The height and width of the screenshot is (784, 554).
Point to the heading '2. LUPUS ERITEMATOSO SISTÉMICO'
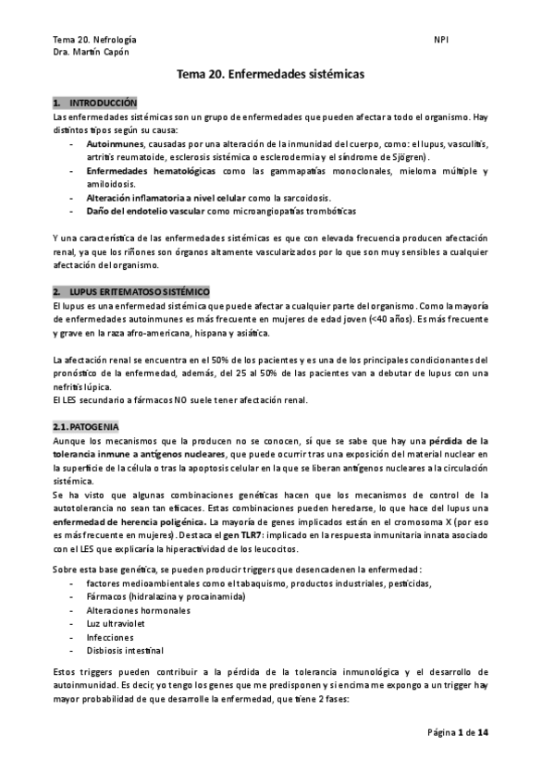pos(130,291)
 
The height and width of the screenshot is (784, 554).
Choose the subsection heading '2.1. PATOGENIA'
pos(85,427)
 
